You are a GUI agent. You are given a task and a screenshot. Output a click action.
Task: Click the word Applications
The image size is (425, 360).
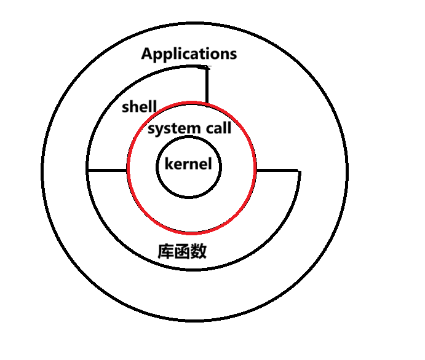click(189, 54)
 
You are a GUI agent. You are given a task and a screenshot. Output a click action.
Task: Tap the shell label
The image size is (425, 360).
click(139, 106)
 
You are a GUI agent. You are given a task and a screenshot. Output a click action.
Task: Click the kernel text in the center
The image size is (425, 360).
click(188, 165)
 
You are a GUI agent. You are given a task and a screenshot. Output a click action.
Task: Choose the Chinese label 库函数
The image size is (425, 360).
click(182, 251)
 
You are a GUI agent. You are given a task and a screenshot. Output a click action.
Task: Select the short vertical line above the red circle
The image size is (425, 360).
click(207, 86)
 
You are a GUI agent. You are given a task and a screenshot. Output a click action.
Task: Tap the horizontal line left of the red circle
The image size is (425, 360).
click(108, 169)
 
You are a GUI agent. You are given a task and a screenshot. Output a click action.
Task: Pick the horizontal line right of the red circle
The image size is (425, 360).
click(277, 170)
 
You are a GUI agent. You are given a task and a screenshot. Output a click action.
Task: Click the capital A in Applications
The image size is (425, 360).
click(147, 54)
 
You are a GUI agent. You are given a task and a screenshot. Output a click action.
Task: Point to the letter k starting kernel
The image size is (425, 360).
click(169, 164)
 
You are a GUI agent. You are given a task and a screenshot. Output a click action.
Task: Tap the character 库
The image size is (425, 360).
click(165, 251)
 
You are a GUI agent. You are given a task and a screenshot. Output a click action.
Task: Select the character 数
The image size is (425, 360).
click(198, 251)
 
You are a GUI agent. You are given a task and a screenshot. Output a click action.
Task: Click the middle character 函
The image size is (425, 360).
click(182, 251)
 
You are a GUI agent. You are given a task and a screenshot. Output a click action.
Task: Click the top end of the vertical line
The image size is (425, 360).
click(207, 68)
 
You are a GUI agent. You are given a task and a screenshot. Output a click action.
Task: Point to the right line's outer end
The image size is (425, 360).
click(299, 171)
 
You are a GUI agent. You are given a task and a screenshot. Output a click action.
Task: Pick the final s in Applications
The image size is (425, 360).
click(232, 55)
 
